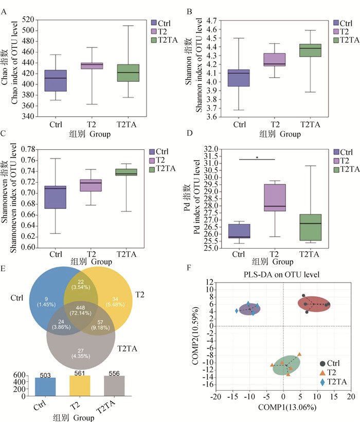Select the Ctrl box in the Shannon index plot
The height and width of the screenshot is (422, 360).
(239, 78)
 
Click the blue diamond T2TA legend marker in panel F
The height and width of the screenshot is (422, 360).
(322, 382)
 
